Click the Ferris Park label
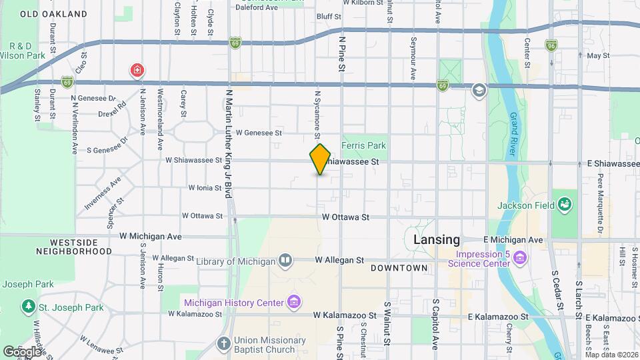[363, 145]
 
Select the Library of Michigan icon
[285, 260]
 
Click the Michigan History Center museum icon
[293, 303]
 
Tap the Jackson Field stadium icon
[565, 204]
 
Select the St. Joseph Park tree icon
[29, 307]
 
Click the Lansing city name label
[437, 239]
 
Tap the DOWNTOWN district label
[399, 268]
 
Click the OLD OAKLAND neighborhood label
[53, 13]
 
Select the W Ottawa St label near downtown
[345, 217]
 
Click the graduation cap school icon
[479, 90]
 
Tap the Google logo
[21, 351]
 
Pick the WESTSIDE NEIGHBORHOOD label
[75, 247]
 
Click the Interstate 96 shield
[551, 45]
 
